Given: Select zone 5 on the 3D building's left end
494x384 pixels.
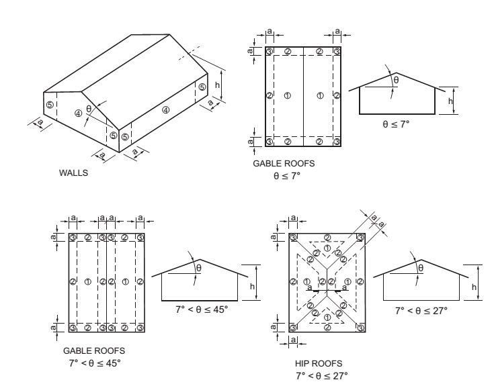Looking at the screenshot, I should tap(49, 105).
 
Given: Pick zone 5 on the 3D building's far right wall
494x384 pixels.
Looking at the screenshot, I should tap(202, 87).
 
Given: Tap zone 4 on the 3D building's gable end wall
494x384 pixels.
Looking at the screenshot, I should tap(79, 113).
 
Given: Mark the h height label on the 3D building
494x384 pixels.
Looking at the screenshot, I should tap(217, 85).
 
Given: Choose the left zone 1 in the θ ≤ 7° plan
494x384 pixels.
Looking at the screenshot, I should tap(288, 95).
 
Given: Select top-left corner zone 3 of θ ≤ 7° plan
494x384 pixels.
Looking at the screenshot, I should tap(269, 52).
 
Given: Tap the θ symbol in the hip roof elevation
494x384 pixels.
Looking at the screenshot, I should tap(421, 268).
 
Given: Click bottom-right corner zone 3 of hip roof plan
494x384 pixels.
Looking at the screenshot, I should tap(361, 327).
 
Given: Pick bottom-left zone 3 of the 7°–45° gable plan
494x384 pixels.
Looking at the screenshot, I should tap(73, 327).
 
